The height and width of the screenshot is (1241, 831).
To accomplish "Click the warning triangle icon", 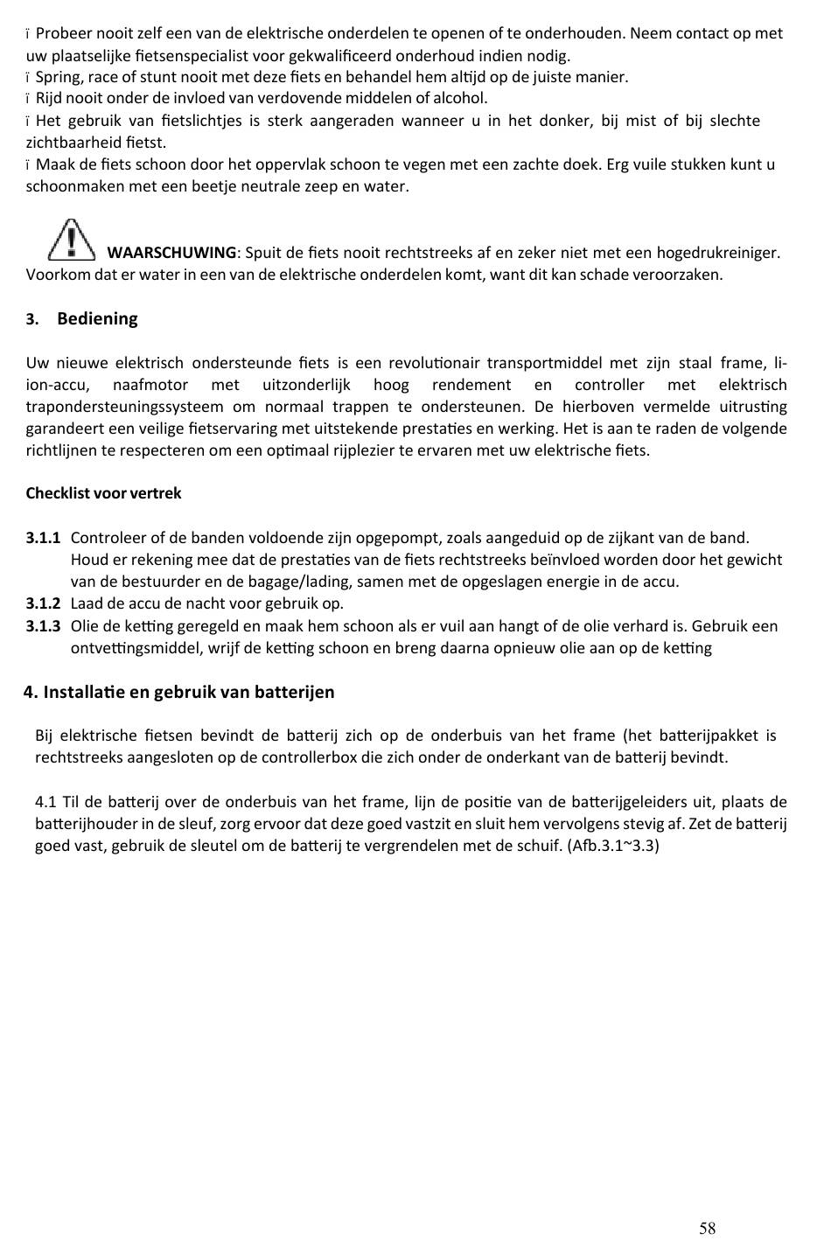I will pyautogui.click(x=72, y=240).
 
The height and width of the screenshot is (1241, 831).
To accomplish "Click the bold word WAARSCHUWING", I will pyautogui.click(x=171, y=253).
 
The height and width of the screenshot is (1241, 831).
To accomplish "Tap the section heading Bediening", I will pyautogui.click(x=97, y=318).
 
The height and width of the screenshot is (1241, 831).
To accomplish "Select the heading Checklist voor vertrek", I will pyautogui.click(x=103, y=493).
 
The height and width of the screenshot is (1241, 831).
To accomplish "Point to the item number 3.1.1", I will pyautogui.click(x=43, y=538).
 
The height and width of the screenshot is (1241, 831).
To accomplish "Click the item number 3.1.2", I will pyautogui.click(x=43, y=603).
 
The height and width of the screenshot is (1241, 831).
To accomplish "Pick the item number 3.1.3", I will pyautogui.click(x=43, y=626).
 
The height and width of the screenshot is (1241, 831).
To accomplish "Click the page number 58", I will pyautogui.click(x=707, y=1229).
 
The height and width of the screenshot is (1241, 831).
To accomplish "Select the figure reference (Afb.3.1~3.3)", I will pyautogui.click(x=612, y=846).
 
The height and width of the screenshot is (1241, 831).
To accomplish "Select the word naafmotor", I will pyautogui.click(x=150, y=385).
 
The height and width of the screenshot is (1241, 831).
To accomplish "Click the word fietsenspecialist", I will pyautogui.click(x=182, y=56).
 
